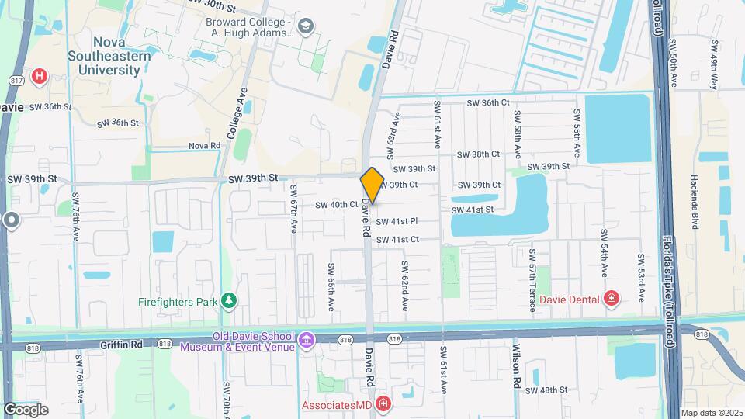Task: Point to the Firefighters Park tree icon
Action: [x=228, y=300]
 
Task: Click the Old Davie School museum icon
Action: [x=307, y=340]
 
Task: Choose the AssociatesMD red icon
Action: [x=383, y=405]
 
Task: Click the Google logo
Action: [x=26, y=409]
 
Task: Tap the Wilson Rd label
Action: [x=515, y=366]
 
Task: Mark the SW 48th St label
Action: [x=556, y=390]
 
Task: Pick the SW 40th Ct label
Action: [x=336, y=205]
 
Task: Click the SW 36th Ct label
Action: [x=487, y=102]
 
